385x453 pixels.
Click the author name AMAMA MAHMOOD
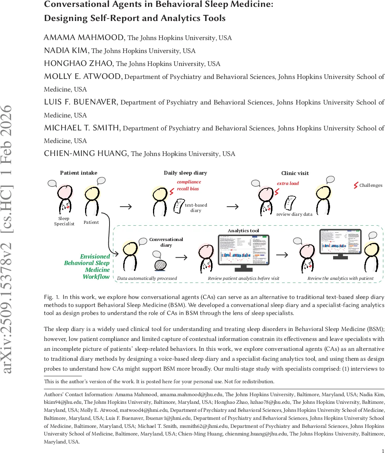[x=84, y=37]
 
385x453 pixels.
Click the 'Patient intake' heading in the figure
[x=79, y=173]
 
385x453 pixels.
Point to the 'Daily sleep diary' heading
[x=185, y=173]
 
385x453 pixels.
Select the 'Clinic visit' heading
[x=295, y=173]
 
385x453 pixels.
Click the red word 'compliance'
[x=189, y=182]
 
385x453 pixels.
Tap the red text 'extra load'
[x=288, y=183]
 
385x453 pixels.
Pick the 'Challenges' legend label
[x=371, y=185]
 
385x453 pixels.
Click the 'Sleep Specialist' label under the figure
[x=64, y=221]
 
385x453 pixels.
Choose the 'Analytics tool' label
[x=243, y=231]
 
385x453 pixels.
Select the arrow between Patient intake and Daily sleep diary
[x=126, y=207]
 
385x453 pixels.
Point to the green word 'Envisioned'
[x=95, y=257]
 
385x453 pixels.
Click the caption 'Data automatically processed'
[x=147, y=278]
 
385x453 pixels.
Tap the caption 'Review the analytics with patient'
[x=340, y=278]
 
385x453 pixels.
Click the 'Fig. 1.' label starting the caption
[x=52, y=297]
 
